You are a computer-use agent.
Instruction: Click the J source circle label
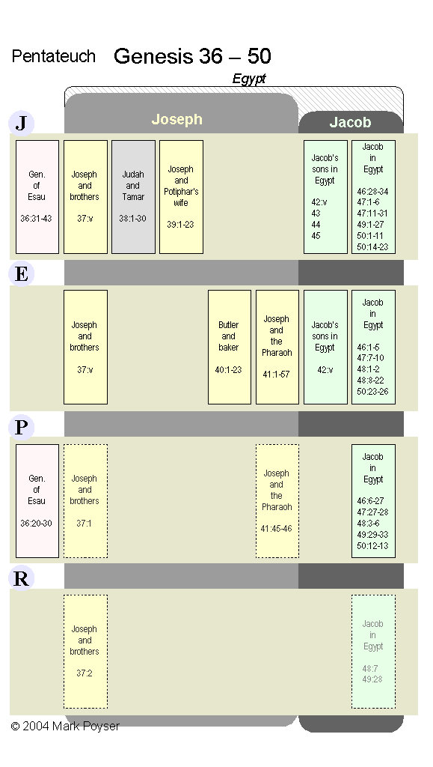[x=21, y=123]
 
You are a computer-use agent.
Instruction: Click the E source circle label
[x=21, y=274]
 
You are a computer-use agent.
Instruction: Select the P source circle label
[x=21, y=427]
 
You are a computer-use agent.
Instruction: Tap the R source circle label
[x=21, y=578]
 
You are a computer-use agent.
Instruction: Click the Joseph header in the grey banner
[x=176, y=119]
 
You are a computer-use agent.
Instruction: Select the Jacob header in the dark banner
[x=350, y=122]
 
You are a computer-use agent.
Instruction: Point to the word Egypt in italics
[x=249, y=79]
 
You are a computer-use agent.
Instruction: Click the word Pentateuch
[x=54, y=56]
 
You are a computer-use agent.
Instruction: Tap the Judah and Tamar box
[x=133, y=197]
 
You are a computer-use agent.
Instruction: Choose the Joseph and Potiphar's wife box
[x=181, y=197]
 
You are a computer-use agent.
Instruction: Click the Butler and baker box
[x=230, y=348]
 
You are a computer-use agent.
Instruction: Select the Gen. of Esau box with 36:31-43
[x=37, y=197]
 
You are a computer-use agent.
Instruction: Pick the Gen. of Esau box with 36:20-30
[x=37, y=501]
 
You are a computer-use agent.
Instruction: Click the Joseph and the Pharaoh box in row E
[x=277, y=348]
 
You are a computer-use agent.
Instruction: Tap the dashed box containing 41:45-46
[x=277, y=501]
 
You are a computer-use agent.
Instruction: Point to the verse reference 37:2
[x=85, y=673]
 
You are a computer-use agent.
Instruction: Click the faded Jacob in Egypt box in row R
[x=373, y=652]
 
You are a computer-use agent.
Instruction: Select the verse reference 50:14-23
[x=372, y=247]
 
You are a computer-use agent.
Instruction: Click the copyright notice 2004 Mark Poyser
[x=65, y=726]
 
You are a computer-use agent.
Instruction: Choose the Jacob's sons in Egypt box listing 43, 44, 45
[x=325, y=197]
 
